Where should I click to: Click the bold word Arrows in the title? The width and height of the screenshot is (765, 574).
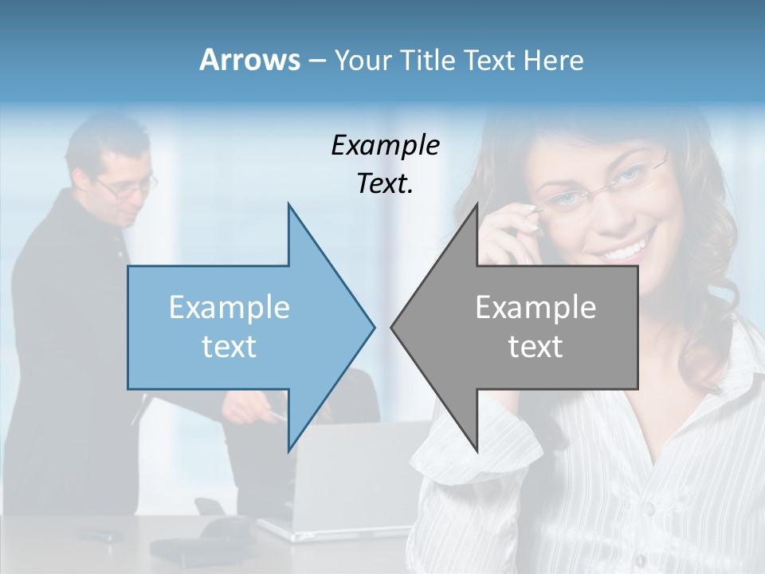249,60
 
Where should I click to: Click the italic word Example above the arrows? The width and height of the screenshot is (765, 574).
385,146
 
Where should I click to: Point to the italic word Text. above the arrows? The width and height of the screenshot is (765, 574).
385,184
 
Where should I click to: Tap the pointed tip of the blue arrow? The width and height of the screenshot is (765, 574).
372,327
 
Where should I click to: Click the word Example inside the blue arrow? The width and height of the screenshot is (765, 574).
229,307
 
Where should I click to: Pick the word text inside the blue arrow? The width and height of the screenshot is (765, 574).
229,347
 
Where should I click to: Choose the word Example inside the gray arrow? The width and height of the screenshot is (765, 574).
535,307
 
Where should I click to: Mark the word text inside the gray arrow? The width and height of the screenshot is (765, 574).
535,347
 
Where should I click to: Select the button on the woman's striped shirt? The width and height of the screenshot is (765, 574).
649,509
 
